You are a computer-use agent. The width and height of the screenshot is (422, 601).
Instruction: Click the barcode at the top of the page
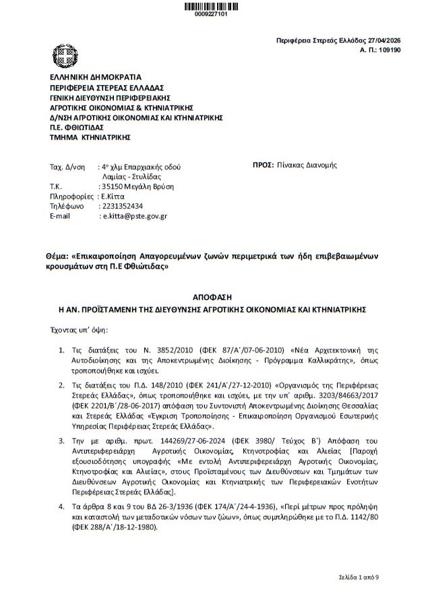coord(210,5)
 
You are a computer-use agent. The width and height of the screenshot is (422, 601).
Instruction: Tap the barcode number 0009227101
coord(210,14)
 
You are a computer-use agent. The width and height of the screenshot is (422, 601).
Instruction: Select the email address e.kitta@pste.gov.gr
coord(134,216)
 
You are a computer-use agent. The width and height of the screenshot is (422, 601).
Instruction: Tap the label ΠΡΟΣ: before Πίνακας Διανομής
coord(262,165)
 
